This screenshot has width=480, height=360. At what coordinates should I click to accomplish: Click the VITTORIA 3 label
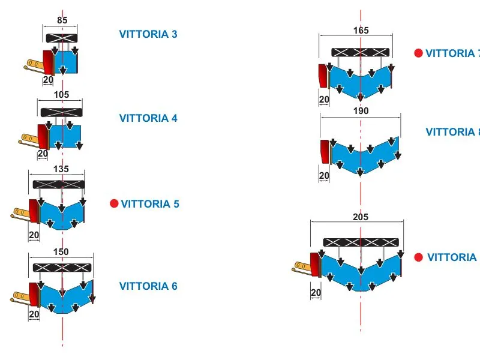148,34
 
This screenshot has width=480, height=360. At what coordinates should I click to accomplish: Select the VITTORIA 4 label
148,118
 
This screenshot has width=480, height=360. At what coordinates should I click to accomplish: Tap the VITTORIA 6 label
148,286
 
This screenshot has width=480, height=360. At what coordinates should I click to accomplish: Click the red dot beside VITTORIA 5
114,203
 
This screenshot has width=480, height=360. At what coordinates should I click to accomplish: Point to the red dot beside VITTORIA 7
418,53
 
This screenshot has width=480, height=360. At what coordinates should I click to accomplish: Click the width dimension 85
62,20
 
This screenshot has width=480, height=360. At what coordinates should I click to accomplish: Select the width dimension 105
61,94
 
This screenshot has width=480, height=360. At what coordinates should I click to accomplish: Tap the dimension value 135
61,169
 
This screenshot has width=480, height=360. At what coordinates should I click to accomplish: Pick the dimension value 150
61,251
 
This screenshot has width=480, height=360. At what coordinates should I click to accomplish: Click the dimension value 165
361,30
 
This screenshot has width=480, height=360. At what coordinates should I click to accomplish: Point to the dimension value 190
361,111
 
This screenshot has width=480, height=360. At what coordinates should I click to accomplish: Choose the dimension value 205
361,217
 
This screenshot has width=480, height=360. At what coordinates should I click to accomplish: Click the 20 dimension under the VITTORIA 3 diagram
48,79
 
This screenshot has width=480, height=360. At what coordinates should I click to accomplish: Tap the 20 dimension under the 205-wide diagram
316,293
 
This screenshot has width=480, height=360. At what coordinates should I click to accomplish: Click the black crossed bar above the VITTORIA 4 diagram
61,112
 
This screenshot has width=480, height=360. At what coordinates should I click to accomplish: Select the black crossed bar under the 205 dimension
361,242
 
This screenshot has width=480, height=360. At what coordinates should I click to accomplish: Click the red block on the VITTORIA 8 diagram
325,151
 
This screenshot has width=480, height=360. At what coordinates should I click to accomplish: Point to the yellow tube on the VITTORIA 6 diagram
23,295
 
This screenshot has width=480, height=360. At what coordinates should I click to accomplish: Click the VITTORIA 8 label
452,132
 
